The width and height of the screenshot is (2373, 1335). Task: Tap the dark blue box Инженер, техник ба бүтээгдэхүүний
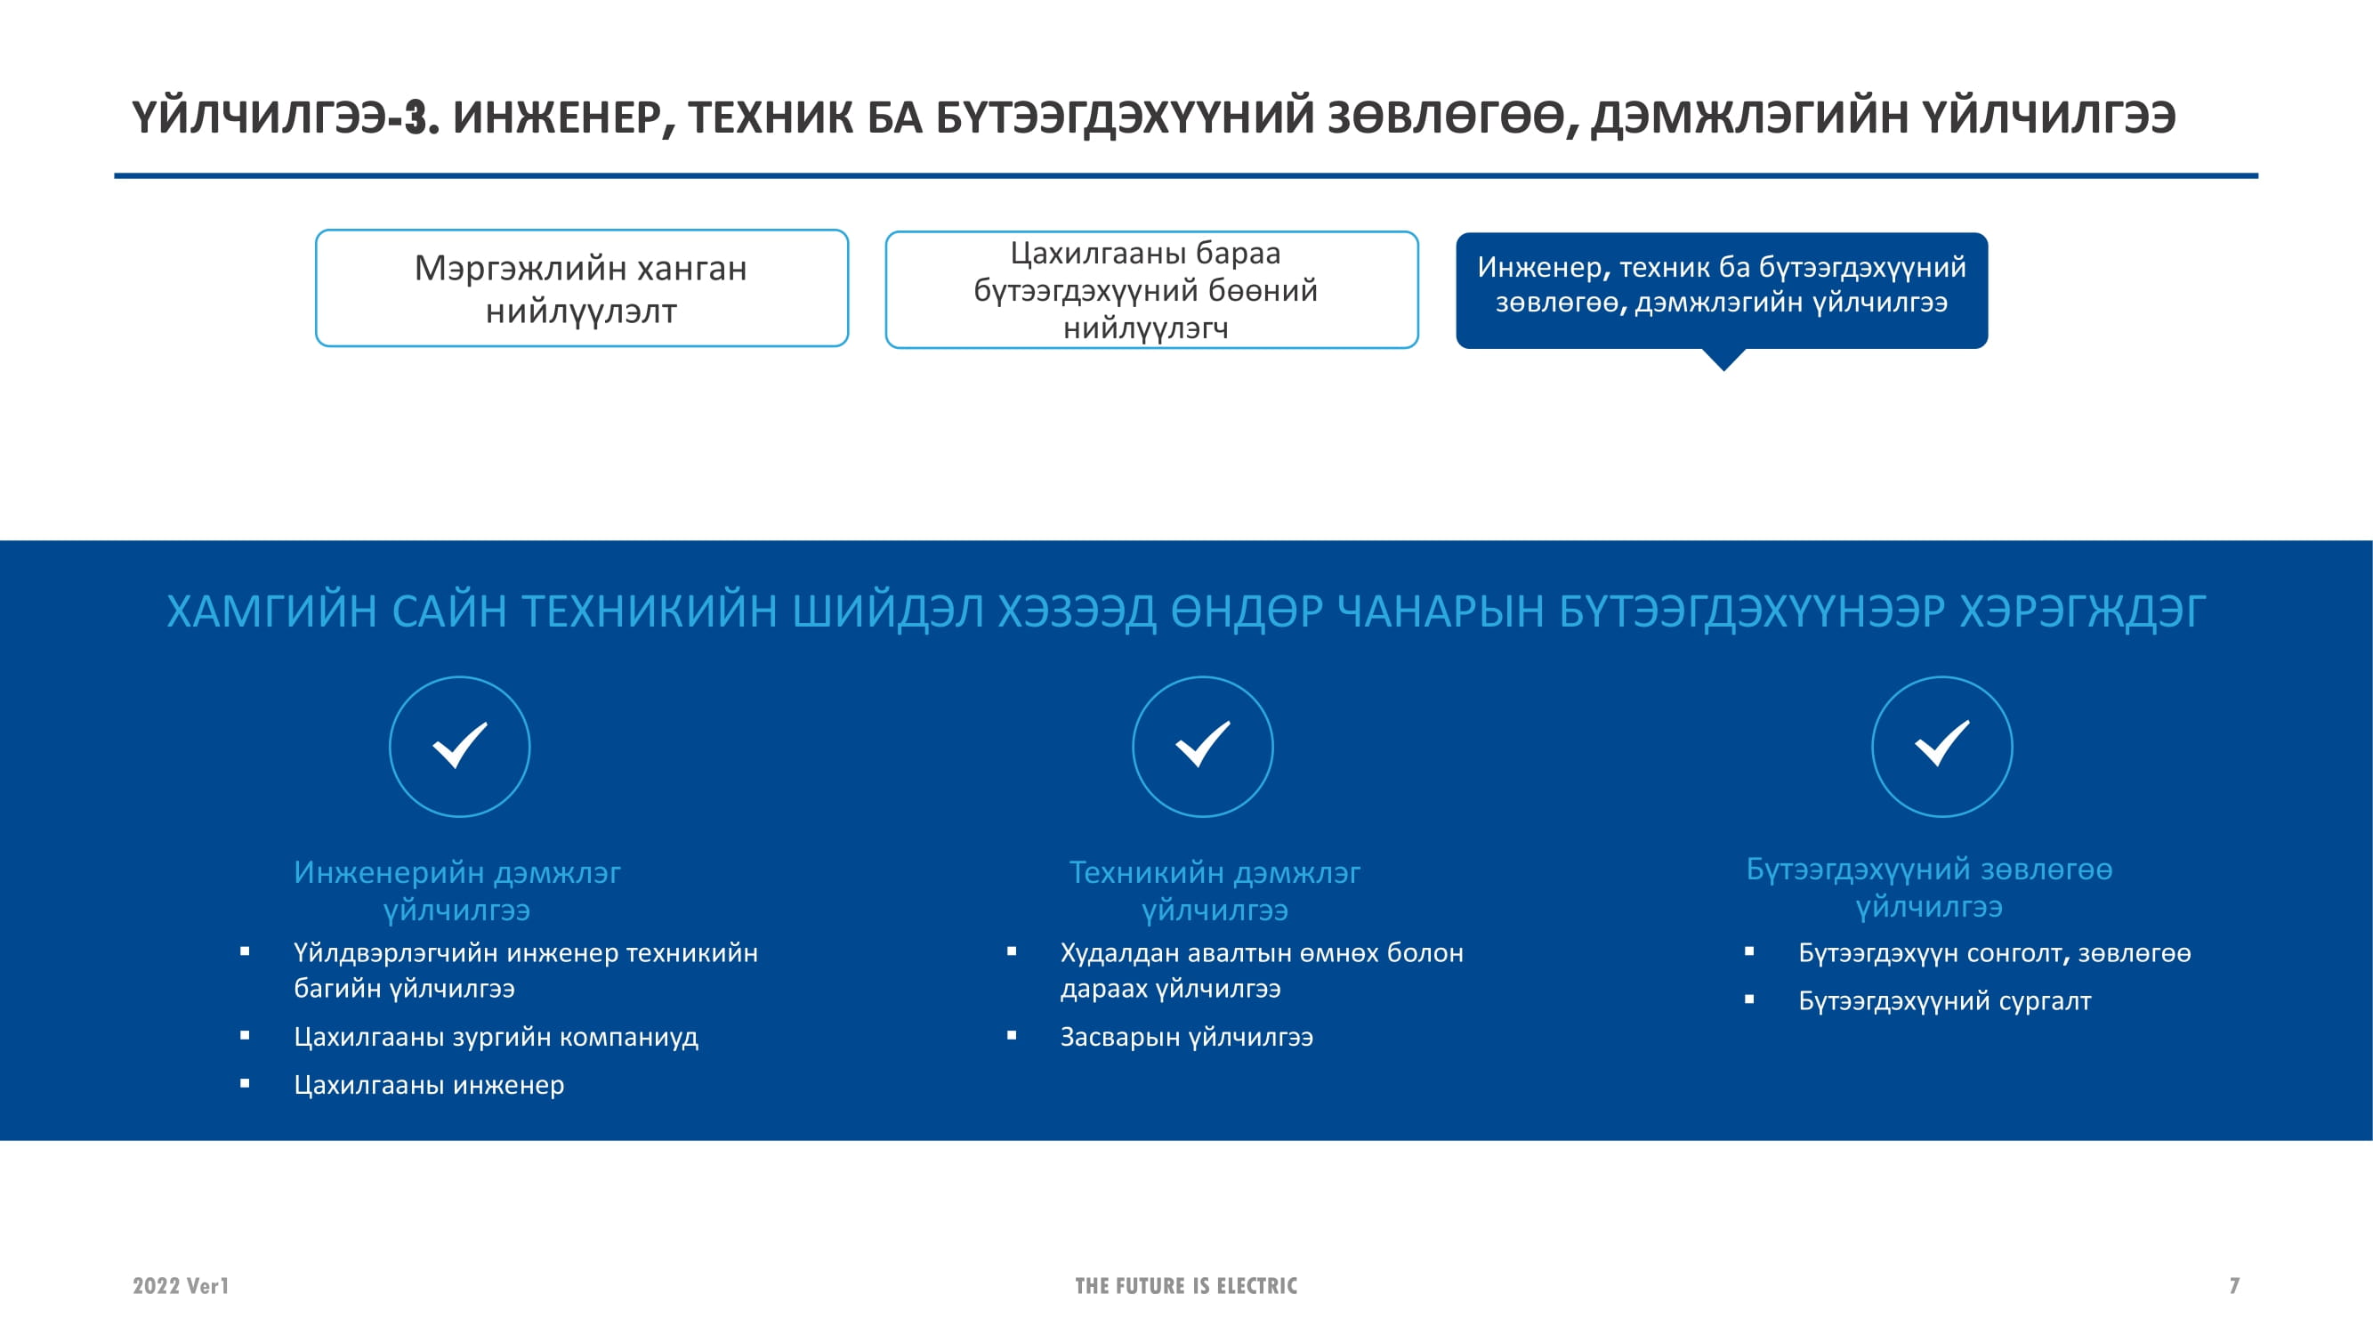[1722, 291]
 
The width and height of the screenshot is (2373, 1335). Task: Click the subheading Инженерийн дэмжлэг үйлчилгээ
[457, 890]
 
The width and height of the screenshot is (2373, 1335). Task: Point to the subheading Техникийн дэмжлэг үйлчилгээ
[1215, 890]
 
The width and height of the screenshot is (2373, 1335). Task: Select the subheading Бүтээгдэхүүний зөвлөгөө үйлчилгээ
[1929, 887]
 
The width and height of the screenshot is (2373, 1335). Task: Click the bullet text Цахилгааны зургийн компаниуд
[496, 1037]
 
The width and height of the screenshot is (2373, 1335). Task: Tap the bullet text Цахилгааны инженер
[428, 1084]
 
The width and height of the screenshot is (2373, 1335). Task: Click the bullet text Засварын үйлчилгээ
[1187, 1037]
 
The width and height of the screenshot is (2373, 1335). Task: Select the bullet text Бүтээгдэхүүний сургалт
[1945, 1000]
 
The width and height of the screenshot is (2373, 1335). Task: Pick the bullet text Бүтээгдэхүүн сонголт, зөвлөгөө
[1994, 952]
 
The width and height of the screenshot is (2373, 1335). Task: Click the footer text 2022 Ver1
[181, 1285]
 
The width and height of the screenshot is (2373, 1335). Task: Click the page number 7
[2234, 1285]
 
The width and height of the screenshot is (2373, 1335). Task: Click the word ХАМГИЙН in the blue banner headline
[270, 611]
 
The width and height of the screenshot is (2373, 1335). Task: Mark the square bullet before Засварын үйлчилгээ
[1012, 1036]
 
